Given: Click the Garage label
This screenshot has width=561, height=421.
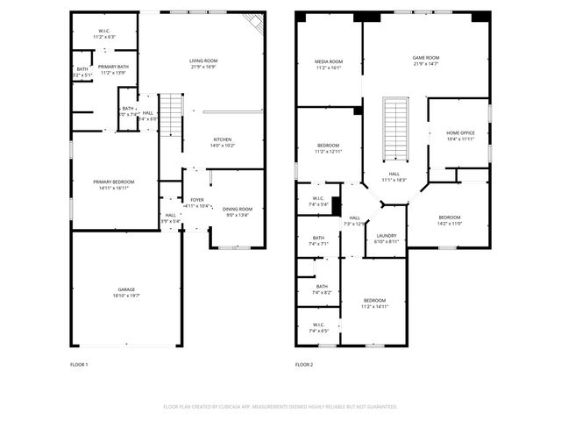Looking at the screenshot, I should coord(127,289).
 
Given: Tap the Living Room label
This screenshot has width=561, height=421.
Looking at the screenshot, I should coord(203,61).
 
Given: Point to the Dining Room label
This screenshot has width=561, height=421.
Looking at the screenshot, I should coord(238,209).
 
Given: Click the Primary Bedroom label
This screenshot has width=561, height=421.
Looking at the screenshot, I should coord(115,182).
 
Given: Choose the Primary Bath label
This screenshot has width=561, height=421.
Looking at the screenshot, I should coord(114,67).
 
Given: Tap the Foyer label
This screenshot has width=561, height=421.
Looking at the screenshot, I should coord(197,200).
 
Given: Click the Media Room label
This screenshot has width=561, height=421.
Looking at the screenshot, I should coord(329,61).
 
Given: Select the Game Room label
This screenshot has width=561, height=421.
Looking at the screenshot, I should coord(426,58).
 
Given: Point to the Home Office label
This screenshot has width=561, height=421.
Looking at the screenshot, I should coord(460,132).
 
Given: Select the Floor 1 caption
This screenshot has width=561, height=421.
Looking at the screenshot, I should coord(79,365).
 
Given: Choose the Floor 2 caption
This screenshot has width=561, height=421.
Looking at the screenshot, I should coord(304,365).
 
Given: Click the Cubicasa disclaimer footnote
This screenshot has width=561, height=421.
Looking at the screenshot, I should coord(280,407).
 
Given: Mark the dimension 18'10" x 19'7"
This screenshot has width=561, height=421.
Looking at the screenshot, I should coord(127,296).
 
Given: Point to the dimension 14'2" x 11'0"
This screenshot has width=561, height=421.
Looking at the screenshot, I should coord(449,223).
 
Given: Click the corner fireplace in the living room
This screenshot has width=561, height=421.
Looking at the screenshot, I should coord(255,23).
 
